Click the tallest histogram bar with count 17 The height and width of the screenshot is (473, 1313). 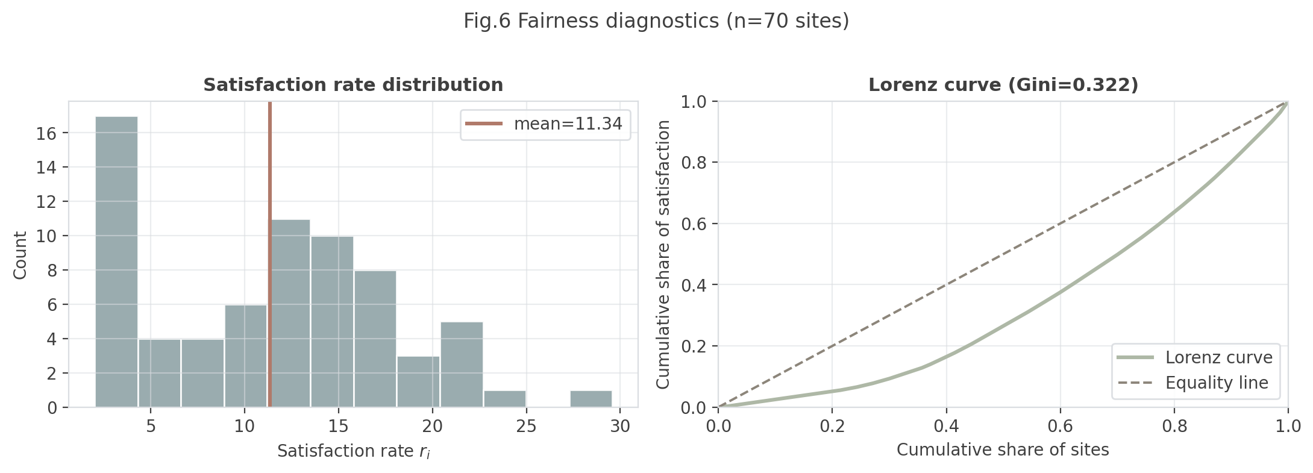[116, 262]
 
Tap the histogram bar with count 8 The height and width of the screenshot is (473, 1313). [375, 339]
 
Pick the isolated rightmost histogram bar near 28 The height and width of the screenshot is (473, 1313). [591, 399]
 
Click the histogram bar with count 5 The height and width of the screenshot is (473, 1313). [462, 365]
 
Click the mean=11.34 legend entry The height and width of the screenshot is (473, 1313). [545, 124]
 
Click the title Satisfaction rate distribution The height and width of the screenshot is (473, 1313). [353, 85]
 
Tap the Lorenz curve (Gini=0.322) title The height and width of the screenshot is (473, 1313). [1003, 85]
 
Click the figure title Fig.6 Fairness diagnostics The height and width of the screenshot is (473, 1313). [656, 22]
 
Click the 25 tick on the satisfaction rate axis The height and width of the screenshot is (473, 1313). [526, 427]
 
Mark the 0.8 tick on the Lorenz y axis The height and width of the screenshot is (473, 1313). [695, 163]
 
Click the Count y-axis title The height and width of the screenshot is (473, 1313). [20, 255]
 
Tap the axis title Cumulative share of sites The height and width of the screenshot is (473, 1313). [1003, 450]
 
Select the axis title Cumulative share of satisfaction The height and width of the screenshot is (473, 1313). [663, 255]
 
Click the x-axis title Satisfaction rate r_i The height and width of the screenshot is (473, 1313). [353, 451]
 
